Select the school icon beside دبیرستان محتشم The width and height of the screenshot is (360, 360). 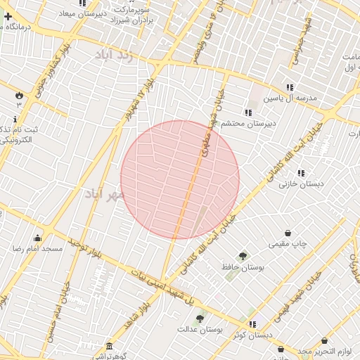247,112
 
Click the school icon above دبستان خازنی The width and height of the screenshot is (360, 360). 301,173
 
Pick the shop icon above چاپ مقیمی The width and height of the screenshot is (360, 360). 288,233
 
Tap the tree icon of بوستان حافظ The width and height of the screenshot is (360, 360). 243,256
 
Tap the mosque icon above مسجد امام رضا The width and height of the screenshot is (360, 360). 37,238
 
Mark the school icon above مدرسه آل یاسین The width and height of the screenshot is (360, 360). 290,87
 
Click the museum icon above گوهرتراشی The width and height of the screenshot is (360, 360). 108,347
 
